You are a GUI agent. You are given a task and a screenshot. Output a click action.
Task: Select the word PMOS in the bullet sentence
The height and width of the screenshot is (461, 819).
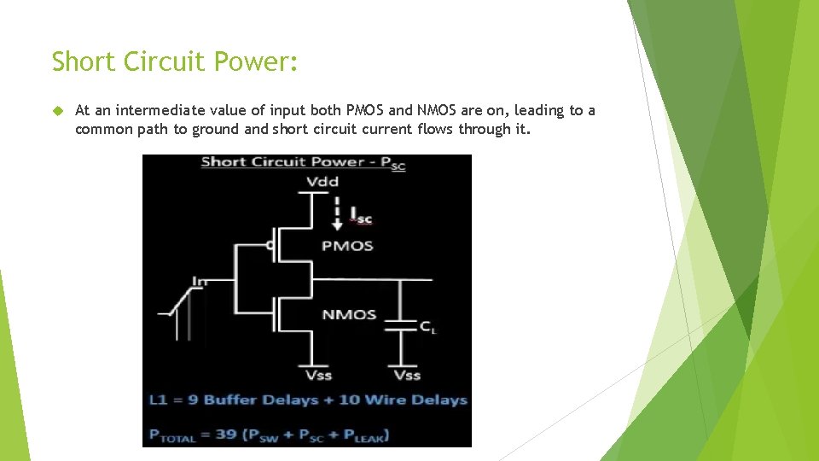(365, 110)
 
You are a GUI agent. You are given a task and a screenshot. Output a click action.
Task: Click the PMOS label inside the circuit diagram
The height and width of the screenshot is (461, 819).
(347, 246)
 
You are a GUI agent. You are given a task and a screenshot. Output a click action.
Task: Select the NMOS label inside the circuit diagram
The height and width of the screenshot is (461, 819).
(348, 314)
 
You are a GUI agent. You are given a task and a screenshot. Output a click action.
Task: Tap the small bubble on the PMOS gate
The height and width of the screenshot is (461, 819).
(270, 246)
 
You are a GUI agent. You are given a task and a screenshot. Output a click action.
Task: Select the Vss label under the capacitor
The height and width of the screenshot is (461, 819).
(406, 376)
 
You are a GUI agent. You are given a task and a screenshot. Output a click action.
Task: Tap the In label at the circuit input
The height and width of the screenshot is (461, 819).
(200, 280)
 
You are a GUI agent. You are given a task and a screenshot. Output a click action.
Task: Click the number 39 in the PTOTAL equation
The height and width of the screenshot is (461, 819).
(226, 435)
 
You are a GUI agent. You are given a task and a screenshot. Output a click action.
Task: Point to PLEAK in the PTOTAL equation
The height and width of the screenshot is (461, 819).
(363, 435)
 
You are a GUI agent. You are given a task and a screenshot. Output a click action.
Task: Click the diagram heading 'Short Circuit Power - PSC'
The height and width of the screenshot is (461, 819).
(303, 163)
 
